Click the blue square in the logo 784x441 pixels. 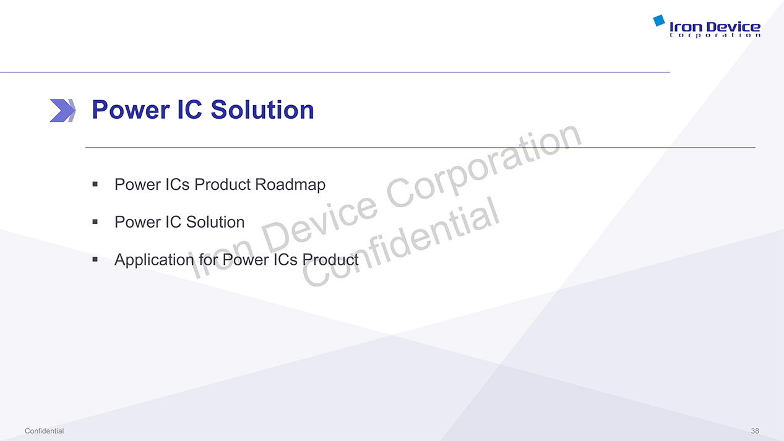pyautogui.click(x=659, y=20)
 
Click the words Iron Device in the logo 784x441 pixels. pyautogui.click(x=715, y=27)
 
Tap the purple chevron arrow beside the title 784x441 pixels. pyautogui.click(x=62, y=111)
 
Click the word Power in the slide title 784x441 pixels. pyautogui.click(x=131, y=110)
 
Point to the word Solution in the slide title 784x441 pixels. pyautogui.click(x=262, y=110)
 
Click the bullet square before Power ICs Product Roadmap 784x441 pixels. pyautogui.click(x=95, y=184)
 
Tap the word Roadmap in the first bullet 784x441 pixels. pyautogui.click(x=290, y=185)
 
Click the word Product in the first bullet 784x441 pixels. pyautogui.click(x=223, y=184)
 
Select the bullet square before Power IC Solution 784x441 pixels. pyautogui.click(x=95, y=221)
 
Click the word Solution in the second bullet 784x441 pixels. pyautogui.click(x=215, y=222)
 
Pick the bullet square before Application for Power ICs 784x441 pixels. pyautogui.click(x=95, y=260)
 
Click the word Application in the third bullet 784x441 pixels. pyautogui.click(x=154, y=260)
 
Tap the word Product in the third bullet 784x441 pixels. pyautogui.click(x=330, y=260)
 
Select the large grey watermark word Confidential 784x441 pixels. pyautogui.click(x=400, y=242)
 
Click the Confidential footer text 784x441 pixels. pyautogui.click(x=44, y=431)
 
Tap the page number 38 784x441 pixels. pyautogui.click(x=755, y=431)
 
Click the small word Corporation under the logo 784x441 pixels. pyautogui.click(x=715, y=35)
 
